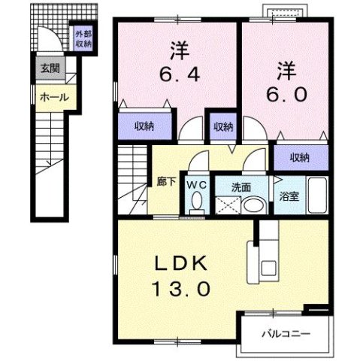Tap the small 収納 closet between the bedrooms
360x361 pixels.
pyautogui.click(x=222, y=126)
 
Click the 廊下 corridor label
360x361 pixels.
pyautogui.click(x=166, y=182)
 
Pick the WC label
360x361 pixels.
pyautogui.click(x=196, y=184)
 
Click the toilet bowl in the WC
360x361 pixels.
pyautogui.click(x=197, y=202)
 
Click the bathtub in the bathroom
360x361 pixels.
pyautogui.click(x=316, y=196)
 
